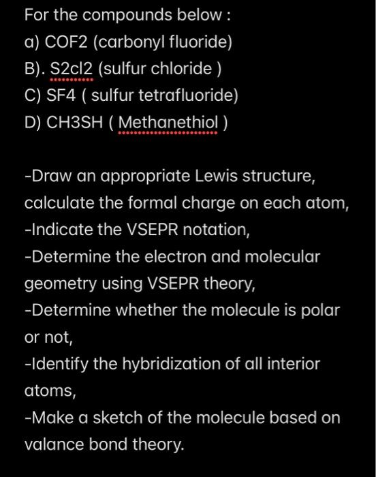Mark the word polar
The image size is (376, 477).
pyautogui.click(x=319, y=310)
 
